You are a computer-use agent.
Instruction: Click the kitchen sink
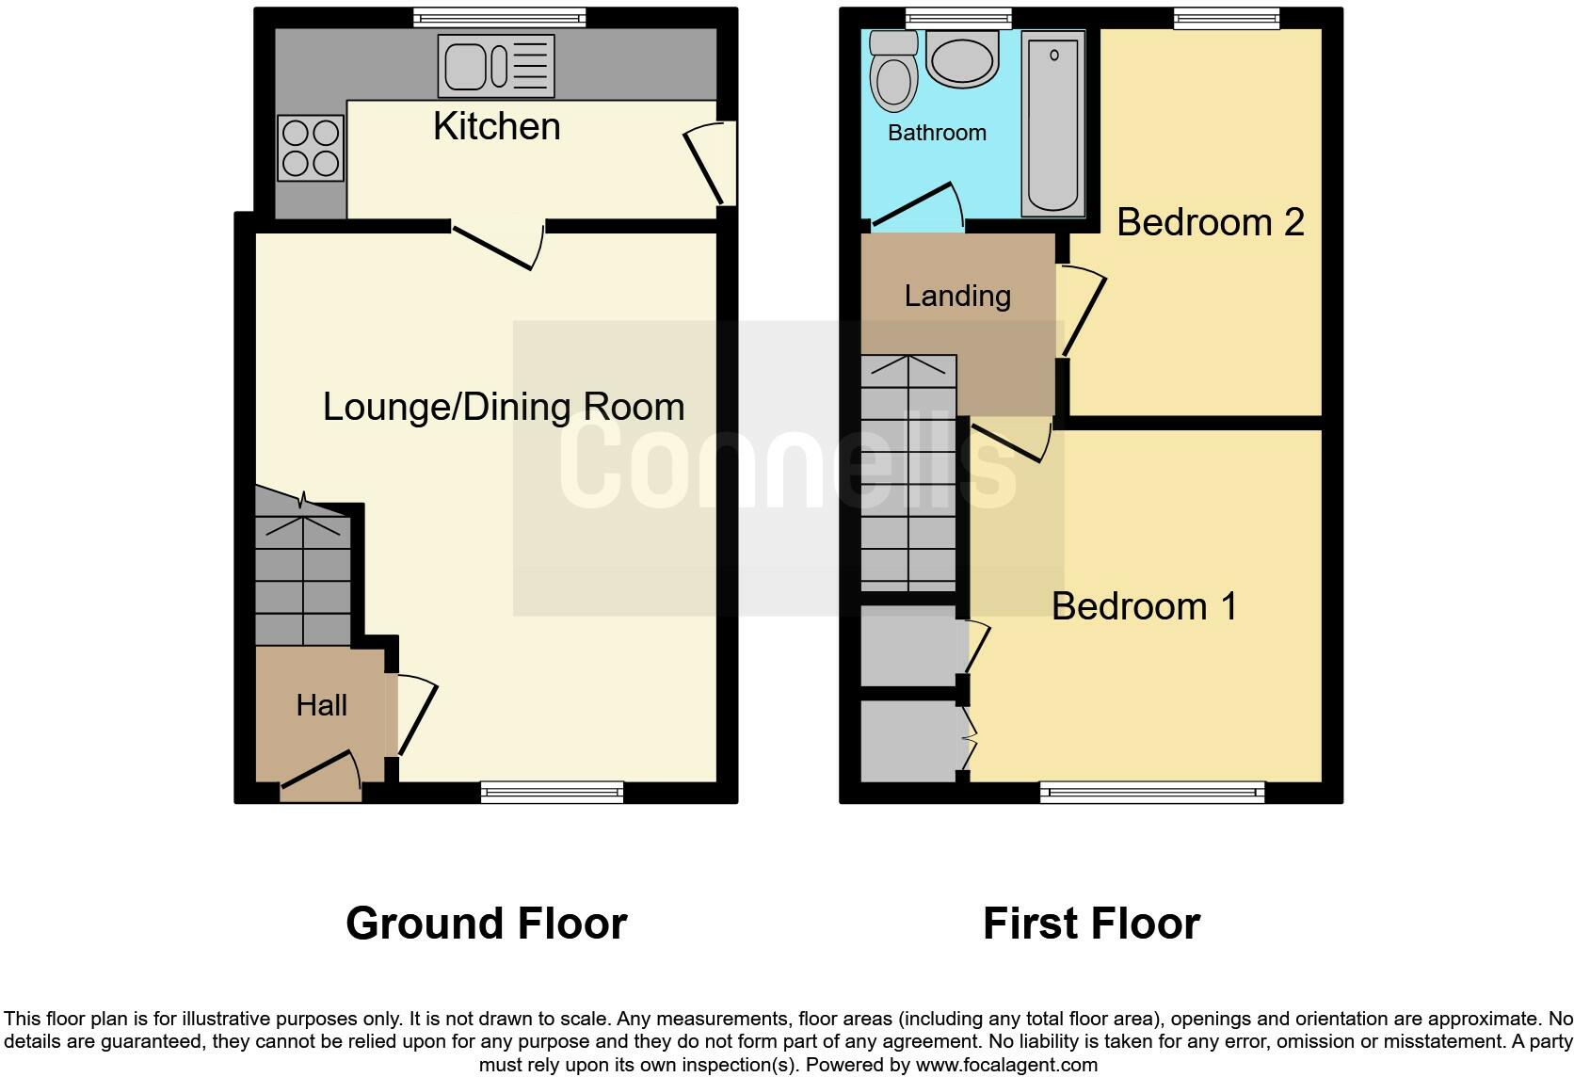click(495, 66)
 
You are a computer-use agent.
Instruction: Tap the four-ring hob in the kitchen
click(310, 148)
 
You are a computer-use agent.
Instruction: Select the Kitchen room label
click(496, 126)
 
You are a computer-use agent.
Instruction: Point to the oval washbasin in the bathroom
click(962, 58)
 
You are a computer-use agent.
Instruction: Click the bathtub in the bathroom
click(1052, 122)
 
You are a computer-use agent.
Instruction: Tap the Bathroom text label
click(937, 133)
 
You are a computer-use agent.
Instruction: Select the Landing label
click(957, 296)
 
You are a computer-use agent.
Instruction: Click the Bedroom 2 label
click(1210, 222)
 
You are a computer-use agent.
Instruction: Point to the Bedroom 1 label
click(1144, 605)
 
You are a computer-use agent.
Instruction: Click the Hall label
click(321, 705)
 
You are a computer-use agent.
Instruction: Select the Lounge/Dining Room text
click(504, 407)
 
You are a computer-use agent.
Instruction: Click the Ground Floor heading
click(486, 923)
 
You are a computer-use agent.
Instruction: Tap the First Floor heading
click(1091, 923)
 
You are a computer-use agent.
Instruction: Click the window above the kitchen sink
click(499, 17)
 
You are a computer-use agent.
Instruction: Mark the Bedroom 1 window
click(1151, 793)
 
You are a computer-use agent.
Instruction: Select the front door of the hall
click(320, 773)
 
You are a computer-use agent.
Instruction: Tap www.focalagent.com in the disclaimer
click(1005, 1065)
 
